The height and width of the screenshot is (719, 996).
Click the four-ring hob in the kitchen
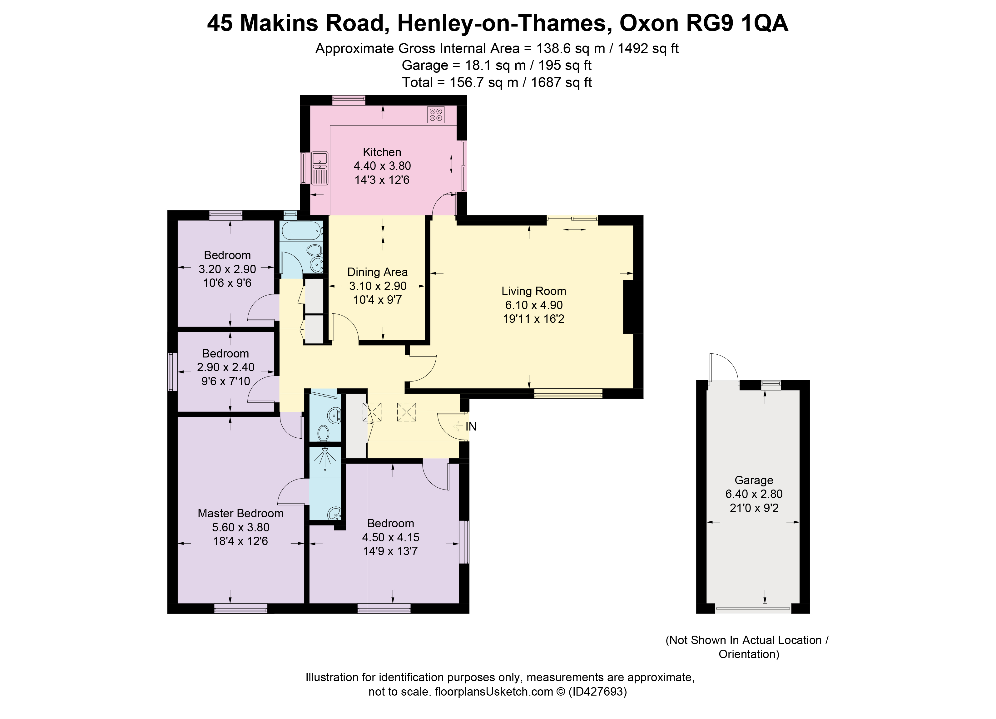pos(436,115)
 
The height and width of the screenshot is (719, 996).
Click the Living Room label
pos(533,291)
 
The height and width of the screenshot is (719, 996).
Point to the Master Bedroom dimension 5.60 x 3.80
pos(241,527)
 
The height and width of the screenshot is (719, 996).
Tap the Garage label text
pos(754,480)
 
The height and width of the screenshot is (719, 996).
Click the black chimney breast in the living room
pos(632,307)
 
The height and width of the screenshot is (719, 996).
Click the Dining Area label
pos(377,272)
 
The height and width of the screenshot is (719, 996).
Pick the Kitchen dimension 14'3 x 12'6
pos(382,180)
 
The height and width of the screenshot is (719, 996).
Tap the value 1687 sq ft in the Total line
pos(561,82)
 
